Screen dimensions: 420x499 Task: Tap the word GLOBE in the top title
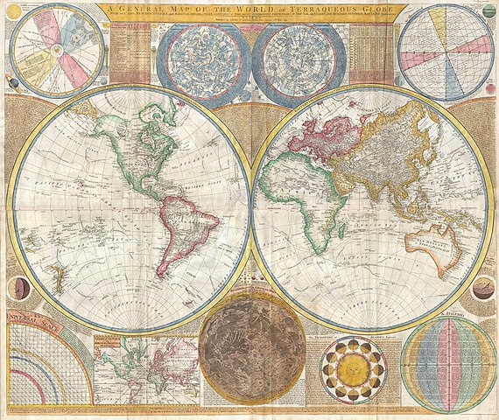point(383,11)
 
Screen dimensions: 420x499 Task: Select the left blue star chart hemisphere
point(203,59)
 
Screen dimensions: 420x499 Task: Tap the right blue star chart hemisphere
point(296,59)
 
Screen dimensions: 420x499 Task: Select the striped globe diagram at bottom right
point(448,363)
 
